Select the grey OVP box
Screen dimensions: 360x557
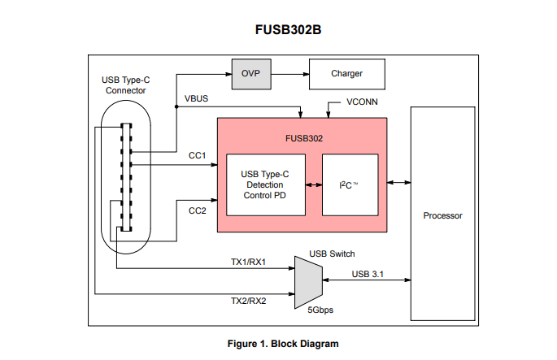(x=250, y=74)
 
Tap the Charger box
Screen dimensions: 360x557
(x=346, y=74)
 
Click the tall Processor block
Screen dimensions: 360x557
(x=442, y=215)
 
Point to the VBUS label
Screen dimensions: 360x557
(x=197, y=98)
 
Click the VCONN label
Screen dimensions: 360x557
(x=362, y=103)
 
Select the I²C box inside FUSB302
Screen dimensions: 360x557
(x=350, y=184)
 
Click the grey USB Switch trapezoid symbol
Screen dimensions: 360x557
(x=306, y=280)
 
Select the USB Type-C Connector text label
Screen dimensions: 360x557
(x=124, y=85)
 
